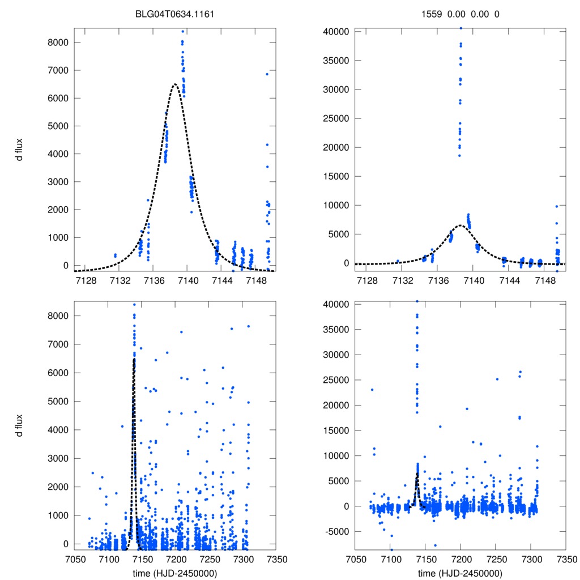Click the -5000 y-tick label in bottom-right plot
(335, 531)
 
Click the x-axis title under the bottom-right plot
(460, 573)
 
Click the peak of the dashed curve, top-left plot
(174, 84)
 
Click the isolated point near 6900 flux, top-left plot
(267, 74)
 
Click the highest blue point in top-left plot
(183, 31)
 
